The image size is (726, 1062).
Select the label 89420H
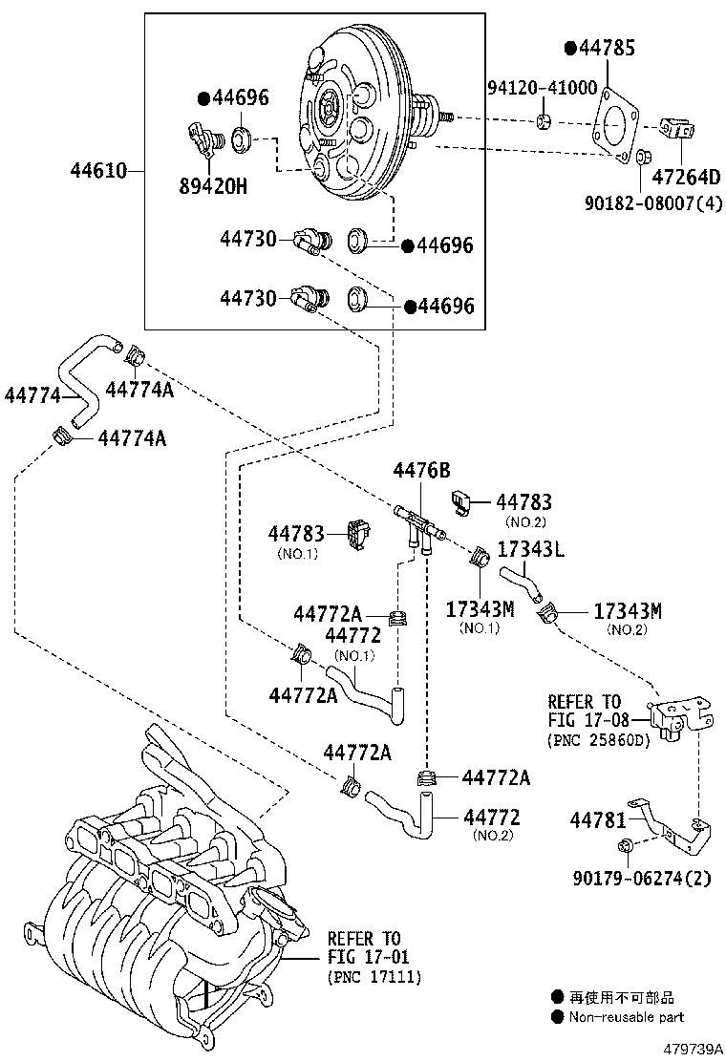click(x=211, y=185)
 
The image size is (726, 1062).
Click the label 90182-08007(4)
click(x=648, y=202)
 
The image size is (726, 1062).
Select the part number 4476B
click(x=421, y=470)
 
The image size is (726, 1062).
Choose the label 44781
click(x=598, y=819)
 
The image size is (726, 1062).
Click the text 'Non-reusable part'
click(x=627, y=1017)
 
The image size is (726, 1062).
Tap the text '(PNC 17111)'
click(x=374, y=977)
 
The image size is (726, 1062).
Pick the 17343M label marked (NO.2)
click(x=628, y=610)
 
